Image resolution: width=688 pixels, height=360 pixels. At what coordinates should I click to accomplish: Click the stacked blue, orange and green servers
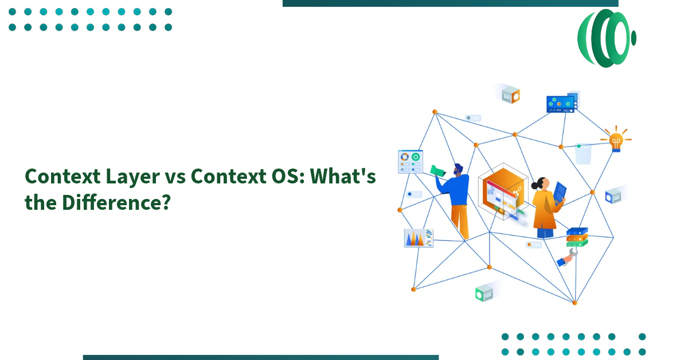577,236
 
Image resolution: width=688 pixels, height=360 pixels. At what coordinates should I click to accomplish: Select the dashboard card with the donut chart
410,161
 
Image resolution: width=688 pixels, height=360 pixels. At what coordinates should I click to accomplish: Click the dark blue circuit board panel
560,104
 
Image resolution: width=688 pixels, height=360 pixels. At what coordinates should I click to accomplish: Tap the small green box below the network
483,294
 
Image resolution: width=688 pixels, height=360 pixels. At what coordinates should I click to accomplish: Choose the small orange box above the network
510,95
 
